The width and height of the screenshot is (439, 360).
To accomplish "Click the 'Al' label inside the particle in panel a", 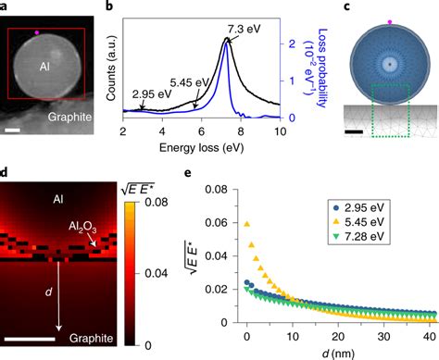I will pyautogui.click(x=44, y=67).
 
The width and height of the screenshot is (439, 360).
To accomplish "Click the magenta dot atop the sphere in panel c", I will pyautogui.click(x=389, y=19).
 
